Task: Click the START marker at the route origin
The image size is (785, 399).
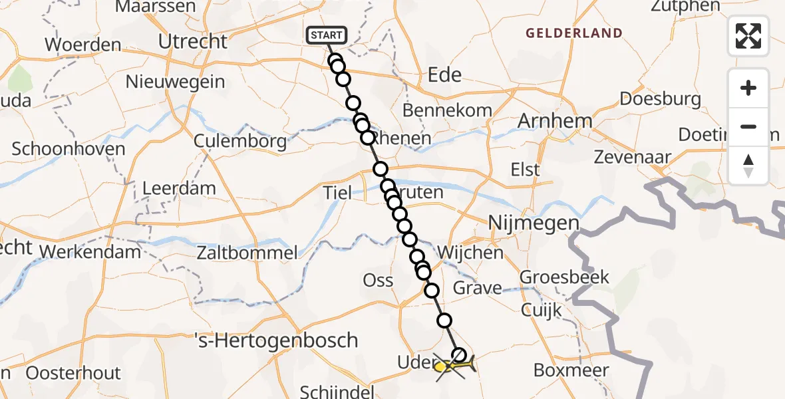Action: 326,35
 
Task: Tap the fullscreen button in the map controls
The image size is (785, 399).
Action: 748,36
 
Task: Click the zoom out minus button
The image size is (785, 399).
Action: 748,127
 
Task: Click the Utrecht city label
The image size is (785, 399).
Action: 193,42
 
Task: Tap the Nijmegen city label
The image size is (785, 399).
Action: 533,223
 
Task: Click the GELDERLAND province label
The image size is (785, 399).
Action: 574,33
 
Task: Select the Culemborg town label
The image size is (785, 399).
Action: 240,141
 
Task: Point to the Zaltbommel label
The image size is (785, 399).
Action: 247,253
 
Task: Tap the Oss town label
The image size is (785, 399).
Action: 379,281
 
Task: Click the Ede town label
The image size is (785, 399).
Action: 445,74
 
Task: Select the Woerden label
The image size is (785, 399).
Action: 83,46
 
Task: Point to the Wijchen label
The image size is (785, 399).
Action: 470,253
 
